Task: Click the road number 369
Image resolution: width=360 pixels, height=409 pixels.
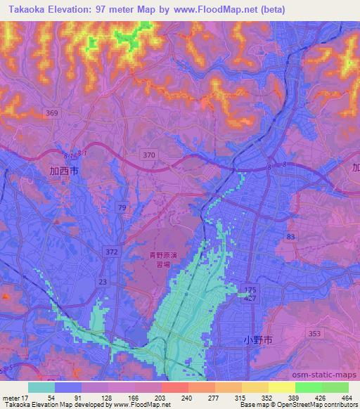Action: tap(53, 112)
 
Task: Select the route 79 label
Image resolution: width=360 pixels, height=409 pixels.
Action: tap(122, 207)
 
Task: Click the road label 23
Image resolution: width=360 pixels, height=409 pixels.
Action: tap(103, 281)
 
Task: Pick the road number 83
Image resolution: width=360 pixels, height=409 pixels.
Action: tap(291, 238)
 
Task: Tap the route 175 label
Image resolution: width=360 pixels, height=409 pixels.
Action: tap(252, 290)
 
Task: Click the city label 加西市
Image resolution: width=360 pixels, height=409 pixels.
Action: tap(65, 171)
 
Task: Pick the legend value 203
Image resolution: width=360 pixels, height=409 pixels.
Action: tap(160, 398)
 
